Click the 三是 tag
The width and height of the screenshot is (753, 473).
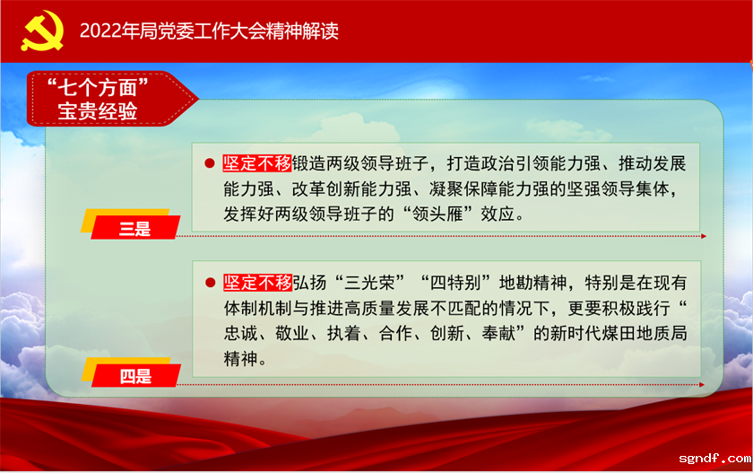(135, 229)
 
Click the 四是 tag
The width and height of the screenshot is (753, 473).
(135, 376)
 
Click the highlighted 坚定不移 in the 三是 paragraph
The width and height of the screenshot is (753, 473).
(257, 164)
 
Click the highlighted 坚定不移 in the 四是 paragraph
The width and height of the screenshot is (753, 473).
(257, 283)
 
